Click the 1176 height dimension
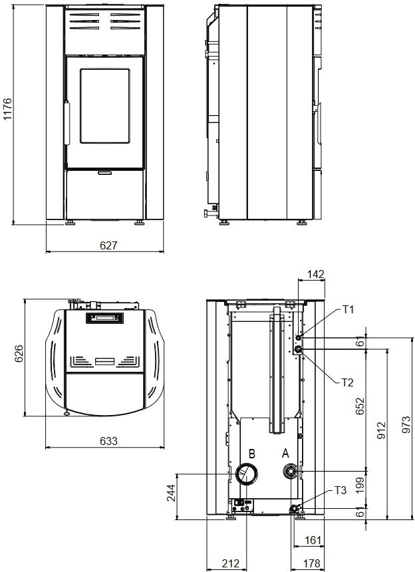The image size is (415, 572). coord(7,108)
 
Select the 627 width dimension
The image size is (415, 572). coord(108,245)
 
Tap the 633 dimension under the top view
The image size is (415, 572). coord(108,441)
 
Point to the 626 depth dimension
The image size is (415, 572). coord(18,353)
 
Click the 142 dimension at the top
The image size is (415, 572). coord(315,274)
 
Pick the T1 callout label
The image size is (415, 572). coord(348,310)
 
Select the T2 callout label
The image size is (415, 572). coord(348,382)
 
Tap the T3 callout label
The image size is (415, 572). coord(341,490)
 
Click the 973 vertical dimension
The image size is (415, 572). coord(406,424)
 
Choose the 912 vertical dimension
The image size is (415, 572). coord(381,430)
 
